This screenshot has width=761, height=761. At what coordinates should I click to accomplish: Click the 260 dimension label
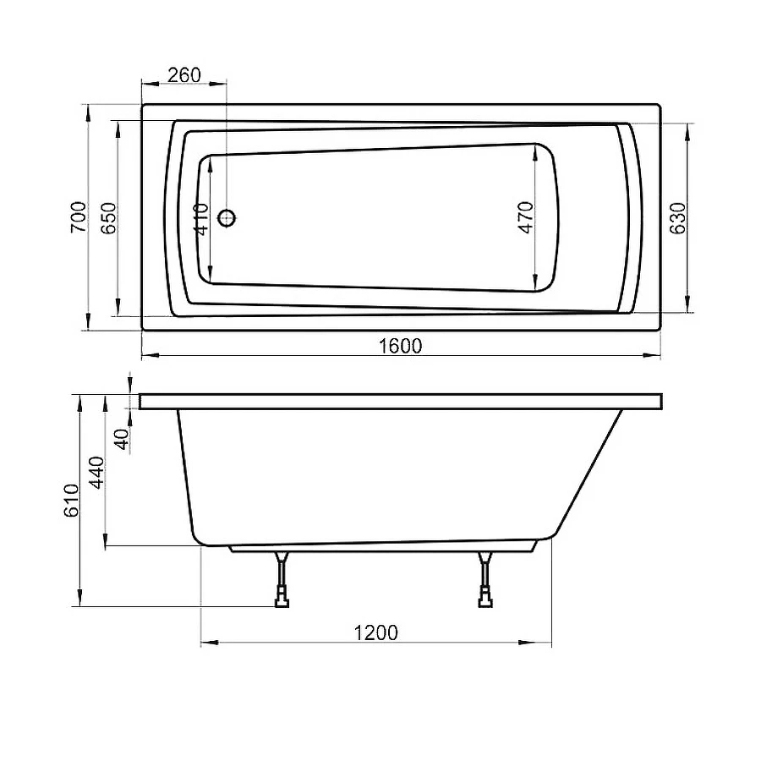click(x=183, y=74)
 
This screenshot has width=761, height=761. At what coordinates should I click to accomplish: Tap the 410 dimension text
click(x=201, y=218)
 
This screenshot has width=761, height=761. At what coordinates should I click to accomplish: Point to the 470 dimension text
click(x=526, y=217)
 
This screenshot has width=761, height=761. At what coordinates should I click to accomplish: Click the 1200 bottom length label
click(x=376, y=632)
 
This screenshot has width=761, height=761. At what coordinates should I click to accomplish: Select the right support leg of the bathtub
click(x=485, y=575)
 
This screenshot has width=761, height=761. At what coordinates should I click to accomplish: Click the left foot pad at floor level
click(x=281, y=602)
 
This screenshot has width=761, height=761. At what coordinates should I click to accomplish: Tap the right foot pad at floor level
click(x=485, y=602)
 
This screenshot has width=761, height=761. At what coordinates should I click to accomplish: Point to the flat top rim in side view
click(x=402, y=402)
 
